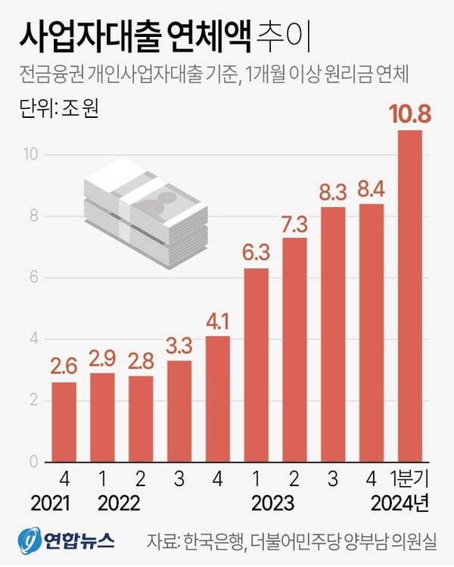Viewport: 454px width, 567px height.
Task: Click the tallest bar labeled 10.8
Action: point(409,296)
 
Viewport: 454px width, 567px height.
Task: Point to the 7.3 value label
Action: point(294,224)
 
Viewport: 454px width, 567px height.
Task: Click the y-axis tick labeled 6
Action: point(33,277)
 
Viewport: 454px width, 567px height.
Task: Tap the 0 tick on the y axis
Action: point(33,461)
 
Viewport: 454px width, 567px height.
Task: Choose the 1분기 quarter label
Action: point(409,479)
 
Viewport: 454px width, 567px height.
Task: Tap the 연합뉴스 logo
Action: point(68,539)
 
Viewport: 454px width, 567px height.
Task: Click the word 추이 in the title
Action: point(281,36)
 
